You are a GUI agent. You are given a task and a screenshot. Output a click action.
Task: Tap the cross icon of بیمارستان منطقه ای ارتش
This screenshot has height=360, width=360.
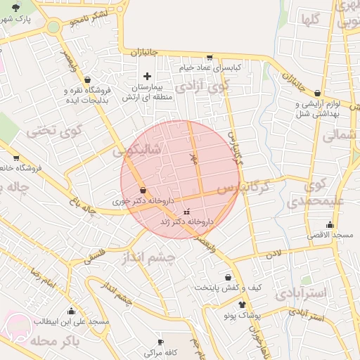pos(147,76)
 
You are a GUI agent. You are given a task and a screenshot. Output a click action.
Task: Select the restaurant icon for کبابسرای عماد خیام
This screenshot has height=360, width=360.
pos(210,58)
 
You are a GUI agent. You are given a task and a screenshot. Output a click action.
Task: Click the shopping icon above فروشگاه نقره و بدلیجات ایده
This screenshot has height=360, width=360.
pos(86,80)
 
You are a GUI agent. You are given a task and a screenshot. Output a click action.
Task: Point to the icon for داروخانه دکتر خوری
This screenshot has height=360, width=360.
pos(143,190)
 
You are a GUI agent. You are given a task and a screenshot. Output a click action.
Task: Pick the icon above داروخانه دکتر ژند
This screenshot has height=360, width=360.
pos(186,212)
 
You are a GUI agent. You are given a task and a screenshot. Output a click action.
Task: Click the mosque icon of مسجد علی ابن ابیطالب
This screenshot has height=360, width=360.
pos(70,311)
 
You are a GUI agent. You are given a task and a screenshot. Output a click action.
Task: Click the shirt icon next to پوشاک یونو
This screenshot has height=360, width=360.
pos(243,305)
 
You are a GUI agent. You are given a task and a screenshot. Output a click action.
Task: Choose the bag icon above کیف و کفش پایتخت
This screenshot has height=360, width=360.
pos(228,277)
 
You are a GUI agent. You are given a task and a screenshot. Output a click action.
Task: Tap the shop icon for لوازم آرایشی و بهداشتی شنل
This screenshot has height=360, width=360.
pos(318,93)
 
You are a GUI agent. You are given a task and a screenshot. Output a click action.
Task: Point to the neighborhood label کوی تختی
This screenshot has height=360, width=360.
pos(55,130)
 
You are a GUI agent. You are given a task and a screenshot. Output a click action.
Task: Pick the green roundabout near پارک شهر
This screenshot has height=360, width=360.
pos(53,27)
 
